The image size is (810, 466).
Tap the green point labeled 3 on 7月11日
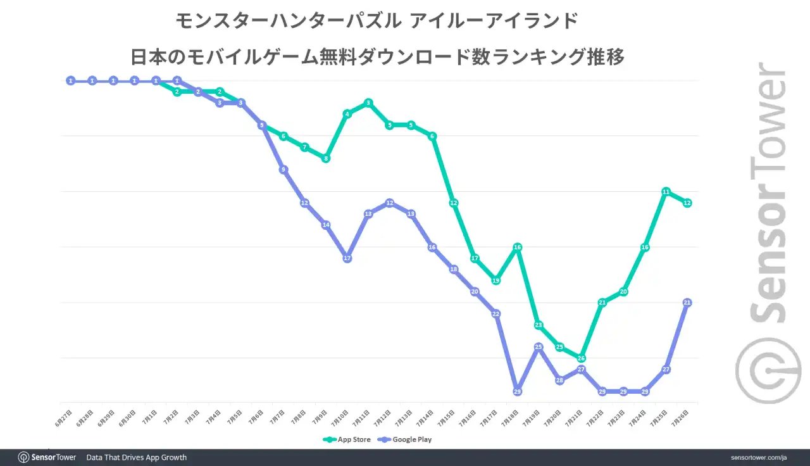[368, 103]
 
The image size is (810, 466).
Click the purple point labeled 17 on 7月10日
[347, 258]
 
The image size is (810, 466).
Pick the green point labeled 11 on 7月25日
[666, 192]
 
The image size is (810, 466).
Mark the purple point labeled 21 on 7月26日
[687, 303]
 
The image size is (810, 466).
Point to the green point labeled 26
[581, 358]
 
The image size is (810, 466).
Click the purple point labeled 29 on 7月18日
[517, 391]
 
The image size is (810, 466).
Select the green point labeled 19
[496, 280]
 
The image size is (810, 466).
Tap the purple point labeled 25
[539, 347]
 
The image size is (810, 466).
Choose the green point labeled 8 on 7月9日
[326, 158]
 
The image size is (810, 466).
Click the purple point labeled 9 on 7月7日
[283, 170]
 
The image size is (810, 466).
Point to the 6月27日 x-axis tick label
[64, 418]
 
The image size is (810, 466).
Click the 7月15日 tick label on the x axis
[447, 418]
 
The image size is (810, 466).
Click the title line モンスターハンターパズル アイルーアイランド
[377, 22]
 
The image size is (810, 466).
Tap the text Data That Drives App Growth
[136, 457]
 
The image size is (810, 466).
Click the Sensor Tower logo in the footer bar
[47, 457]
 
